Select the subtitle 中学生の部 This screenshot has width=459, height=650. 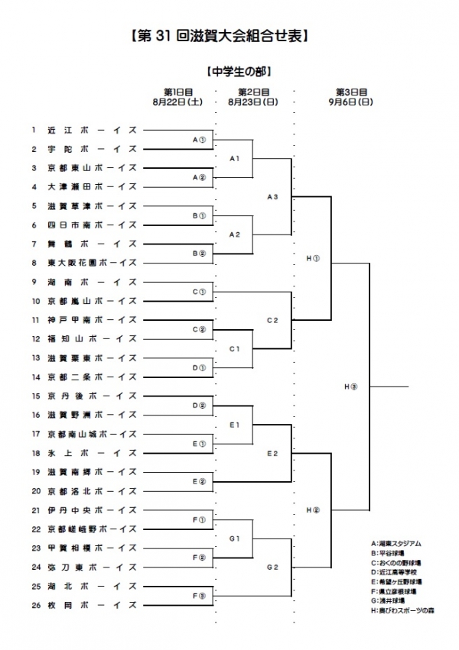pos(239,72)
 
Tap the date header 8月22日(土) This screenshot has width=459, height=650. pos(177,101)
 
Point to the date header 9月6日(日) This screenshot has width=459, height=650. pos(351,101)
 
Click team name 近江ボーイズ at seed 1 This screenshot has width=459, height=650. pos(91,130)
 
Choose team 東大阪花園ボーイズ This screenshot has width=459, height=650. pos(91,263)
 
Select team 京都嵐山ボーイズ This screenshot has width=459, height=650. pos(91,300)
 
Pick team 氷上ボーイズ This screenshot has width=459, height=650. pos(91,453)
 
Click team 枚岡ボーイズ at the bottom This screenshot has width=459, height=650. pos(91,605)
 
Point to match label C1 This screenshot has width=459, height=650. pos(236,348)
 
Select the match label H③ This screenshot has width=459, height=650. pos(350,386)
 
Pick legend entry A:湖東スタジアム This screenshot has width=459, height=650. pos(396,544)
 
